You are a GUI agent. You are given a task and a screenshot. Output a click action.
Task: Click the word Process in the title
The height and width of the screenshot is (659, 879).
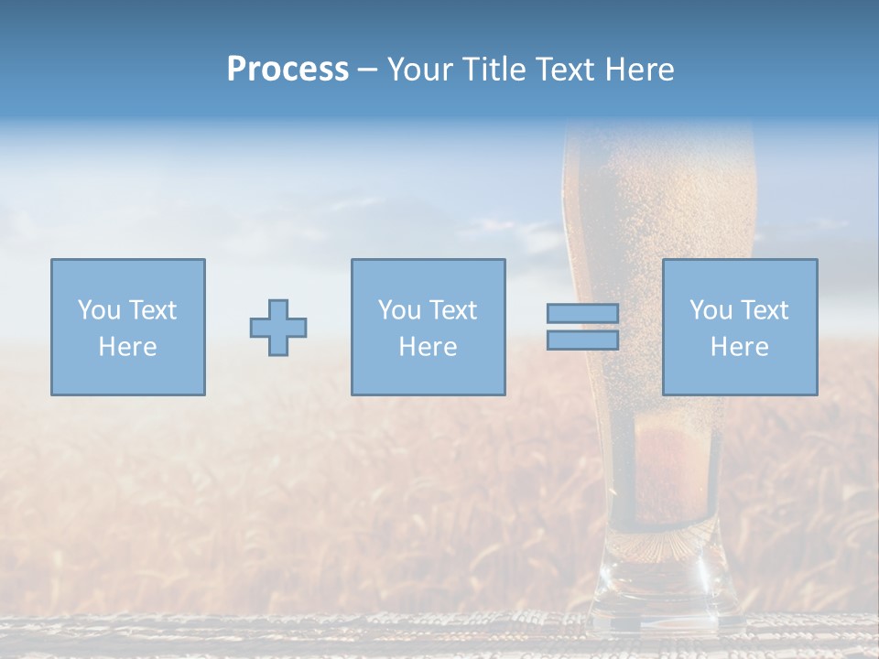coord(288,70)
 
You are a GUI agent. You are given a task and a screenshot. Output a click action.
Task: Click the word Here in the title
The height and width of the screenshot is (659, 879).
coord(642,70)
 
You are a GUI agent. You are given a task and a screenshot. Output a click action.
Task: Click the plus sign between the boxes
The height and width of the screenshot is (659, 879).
coord(278,328)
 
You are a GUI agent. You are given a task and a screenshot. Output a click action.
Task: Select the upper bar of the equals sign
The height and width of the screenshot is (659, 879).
coord(582,314)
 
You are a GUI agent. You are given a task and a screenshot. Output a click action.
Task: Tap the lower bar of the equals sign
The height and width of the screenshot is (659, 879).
coord(582,340)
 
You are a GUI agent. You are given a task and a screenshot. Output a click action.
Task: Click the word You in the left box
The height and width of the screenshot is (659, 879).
coord(98,310)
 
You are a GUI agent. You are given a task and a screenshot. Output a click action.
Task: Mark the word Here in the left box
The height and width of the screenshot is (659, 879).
coord(127,347)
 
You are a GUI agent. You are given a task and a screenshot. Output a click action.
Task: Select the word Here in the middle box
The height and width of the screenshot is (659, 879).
coord(428,347)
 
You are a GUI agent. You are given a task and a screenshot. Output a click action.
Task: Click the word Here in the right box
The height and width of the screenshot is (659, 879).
coord(739,347)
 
